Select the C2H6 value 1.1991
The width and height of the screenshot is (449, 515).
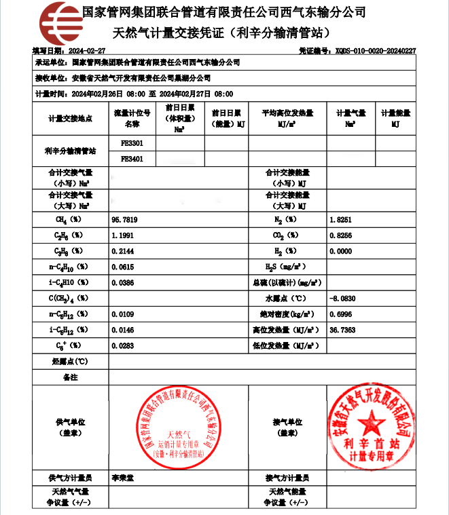(x=122, y=235)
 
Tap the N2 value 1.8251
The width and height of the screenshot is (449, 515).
(x=340, y=220)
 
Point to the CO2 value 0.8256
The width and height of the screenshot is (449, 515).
(x=340, y=235)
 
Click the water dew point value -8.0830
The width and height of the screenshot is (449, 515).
(x=342, y=298)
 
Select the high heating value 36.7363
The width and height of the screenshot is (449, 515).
(x=342, y=329)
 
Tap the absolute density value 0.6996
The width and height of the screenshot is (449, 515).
(x=340, y=313)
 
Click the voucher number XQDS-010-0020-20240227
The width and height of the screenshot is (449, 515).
(x=376, y=51)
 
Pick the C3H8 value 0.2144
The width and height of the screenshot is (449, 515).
(x=122, y=251)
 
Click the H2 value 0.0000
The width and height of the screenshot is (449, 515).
(x=340, y=251)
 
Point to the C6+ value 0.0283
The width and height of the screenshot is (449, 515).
(x=122, y=345)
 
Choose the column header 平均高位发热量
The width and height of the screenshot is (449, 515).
(x=287, y=113)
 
